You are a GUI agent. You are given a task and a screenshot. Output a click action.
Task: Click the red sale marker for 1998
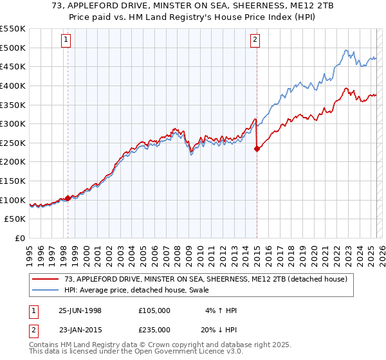pos(68,199)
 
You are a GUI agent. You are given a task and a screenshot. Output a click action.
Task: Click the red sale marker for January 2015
pos(257,148)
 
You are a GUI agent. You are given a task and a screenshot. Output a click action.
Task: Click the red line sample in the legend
pos(46,279)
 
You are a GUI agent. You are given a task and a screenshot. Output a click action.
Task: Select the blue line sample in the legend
pos(46,291)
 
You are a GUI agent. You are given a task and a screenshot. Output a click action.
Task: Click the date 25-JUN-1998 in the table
pos(80,310)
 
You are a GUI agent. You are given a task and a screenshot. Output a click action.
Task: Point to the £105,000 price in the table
pos(154,310)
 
